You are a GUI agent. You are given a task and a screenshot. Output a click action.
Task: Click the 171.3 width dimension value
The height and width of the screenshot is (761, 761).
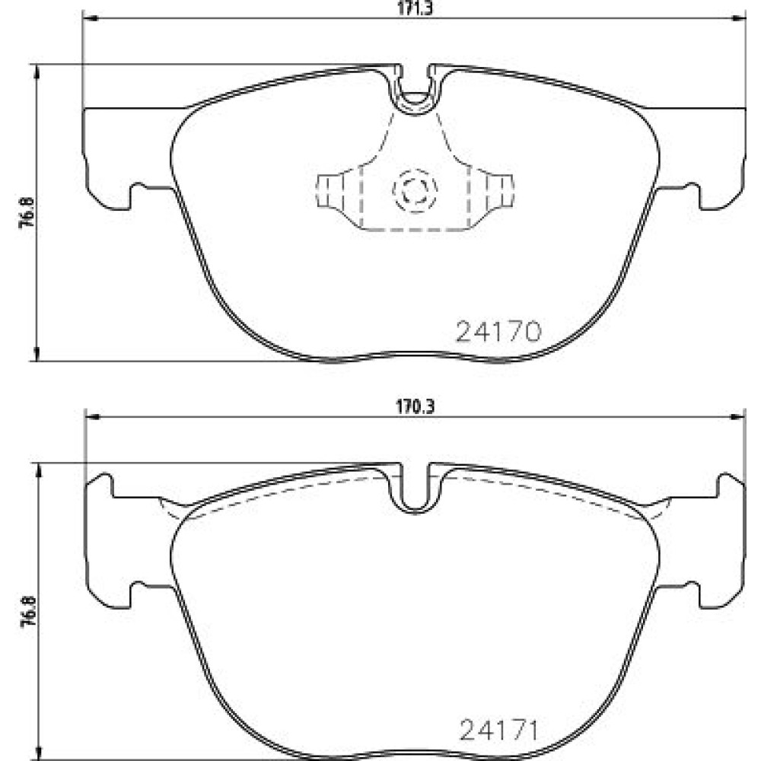click(415, 8)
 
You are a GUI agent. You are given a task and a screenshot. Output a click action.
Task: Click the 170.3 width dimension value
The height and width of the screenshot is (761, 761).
click(415, 407)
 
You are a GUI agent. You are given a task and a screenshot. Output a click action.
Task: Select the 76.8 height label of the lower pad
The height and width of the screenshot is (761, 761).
click(28, 613)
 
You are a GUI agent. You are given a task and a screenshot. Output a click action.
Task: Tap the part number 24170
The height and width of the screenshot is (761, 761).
click(498, 332)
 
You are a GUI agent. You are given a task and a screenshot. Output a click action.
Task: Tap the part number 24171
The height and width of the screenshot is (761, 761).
click(499, 730)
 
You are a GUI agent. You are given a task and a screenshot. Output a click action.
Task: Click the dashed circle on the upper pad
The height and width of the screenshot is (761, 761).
click(415, 189)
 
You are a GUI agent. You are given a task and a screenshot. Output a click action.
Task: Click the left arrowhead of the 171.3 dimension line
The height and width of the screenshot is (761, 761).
click(91, 18)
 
